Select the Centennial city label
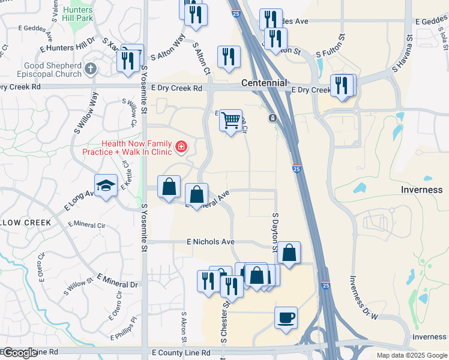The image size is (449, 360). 264,83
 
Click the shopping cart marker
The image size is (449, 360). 231,121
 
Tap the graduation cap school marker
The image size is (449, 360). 106,186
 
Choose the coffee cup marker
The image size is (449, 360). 286,316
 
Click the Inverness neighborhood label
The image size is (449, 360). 421,190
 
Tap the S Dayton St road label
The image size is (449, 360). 276,231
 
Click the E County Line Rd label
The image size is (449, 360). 181,353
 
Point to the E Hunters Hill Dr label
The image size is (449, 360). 67,44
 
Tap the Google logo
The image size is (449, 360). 19,353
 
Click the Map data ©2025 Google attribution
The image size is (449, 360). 412,355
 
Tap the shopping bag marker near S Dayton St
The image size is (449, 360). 289,253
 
